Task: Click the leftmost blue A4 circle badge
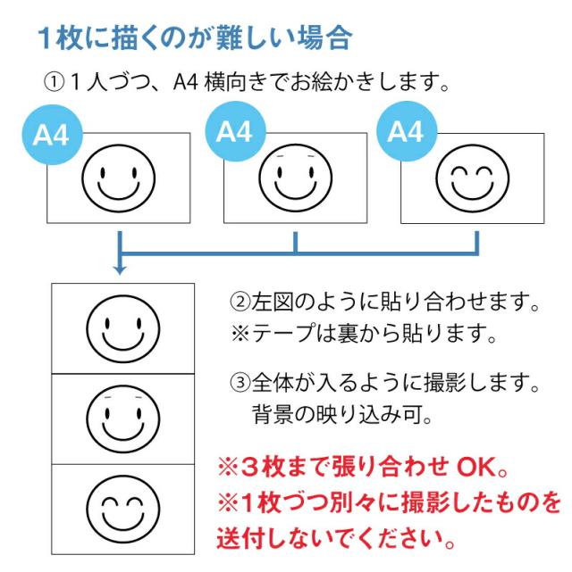(x=53, y=135)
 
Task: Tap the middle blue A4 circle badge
(x=235, y=131)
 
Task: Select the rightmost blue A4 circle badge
(x=407, y=131)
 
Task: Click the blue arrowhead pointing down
(x=120, y=270)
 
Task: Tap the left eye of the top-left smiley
(x=103, y=172)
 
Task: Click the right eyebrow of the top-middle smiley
(x=311, y=156)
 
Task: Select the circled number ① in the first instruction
(x=54, y=82)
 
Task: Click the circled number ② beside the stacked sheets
(x=240, y=302)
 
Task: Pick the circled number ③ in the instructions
(x=240, y=382)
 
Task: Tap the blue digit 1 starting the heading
(x=45, y=38)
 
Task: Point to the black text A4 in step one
(x=186, y=82)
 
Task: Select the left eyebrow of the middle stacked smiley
(x=107, y=397)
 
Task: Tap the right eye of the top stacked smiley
(x=139, y=323)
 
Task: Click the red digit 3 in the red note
(x=249, y=468)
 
